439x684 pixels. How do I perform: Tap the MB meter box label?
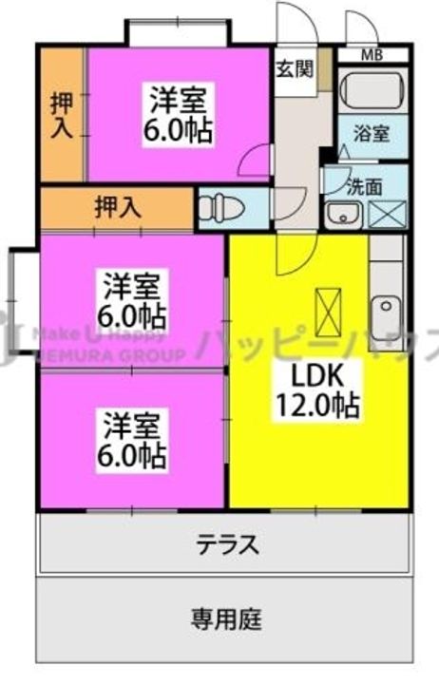374,54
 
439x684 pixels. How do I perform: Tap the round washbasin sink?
338,214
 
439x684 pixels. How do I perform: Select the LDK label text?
304,371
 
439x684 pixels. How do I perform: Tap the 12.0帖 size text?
316,407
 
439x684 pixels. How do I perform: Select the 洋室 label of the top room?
179,97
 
